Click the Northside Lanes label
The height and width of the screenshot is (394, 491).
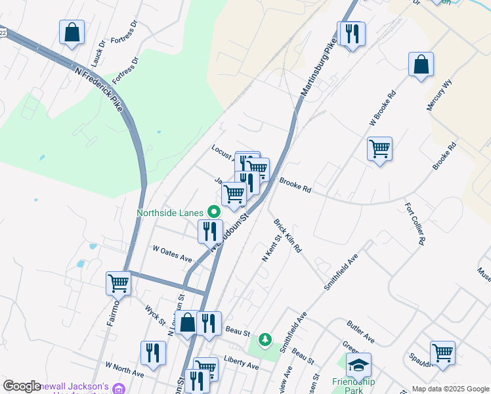coord(171,213)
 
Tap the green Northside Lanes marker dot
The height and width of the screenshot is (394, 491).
coord(213,212)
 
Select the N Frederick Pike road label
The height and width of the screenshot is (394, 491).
coord(99,89)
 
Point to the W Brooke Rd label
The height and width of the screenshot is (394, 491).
coord(383,110)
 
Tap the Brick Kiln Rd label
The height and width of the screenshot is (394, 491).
coord(288,236)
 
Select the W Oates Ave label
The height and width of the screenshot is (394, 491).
coord(172,254)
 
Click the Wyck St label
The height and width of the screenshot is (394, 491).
coord(155,314)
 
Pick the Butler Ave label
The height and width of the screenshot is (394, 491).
coord(360,332)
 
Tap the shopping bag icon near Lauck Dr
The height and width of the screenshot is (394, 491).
coord(72,32)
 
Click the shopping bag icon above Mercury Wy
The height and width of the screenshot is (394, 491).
coord(421,64)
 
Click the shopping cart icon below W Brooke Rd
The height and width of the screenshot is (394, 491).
coord(379,149)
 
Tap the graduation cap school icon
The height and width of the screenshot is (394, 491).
coord(359,364)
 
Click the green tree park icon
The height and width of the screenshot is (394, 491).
coord(265,340)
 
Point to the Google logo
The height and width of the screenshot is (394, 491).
coord(22,387)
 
